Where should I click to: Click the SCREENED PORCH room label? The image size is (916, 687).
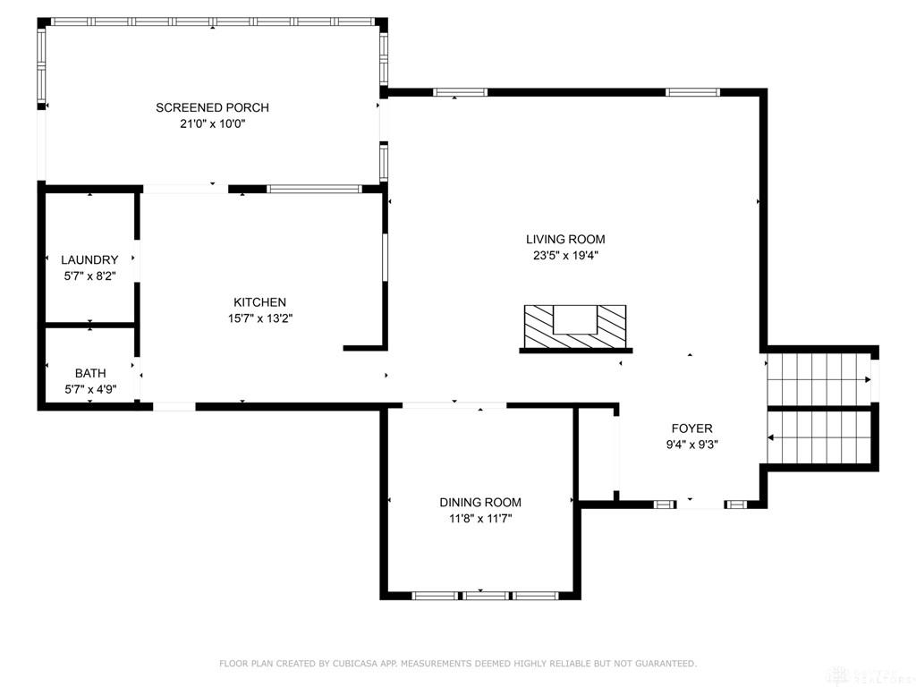(x=212, y=107)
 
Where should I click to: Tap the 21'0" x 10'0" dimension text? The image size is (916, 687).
(x=212, y=123)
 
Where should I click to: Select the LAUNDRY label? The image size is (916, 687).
(x=90, y=260)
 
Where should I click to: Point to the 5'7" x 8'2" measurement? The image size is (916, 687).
(x=90, y=276)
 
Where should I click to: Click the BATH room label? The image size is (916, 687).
(x=90, y=373)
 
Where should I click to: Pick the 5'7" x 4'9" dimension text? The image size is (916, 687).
(x=90, y=389)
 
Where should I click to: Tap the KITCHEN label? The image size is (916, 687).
(x=260, y=302)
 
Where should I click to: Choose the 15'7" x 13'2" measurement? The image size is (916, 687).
(x=260, y=318)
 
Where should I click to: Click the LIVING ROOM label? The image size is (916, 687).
(x=565, y=239)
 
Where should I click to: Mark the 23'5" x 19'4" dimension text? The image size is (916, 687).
(x=565, y=255)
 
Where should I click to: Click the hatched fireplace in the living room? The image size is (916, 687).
(x=575, y=327)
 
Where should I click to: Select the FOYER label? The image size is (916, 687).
(x=691, y=428)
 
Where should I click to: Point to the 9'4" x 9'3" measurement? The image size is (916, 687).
(x=691, y=445)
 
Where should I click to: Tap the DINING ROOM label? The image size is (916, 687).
(x=480, y=503)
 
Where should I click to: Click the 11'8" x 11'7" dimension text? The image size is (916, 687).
(x=480, y=519)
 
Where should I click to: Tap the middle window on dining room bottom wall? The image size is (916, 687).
(x=486, y=596)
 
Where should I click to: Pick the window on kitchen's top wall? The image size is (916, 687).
(x=314, y=189)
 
